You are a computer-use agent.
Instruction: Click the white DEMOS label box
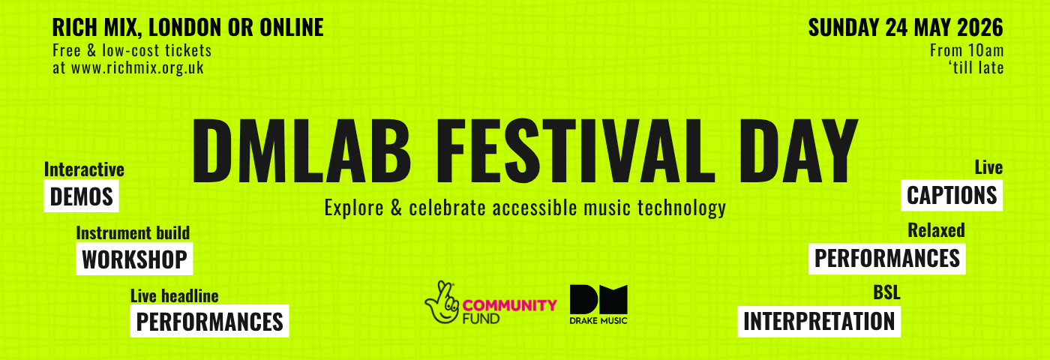(81, 196)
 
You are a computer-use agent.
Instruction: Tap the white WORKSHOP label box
(134, 259)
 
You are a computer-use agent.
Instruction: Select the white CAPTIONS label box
(952, 195)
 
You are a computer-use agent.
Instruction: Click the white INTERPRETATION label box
(819, 322)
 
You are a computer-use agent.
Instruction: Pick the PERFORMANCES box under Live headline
(209, 321)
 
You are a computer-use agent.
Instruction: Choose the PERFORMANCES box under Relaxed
(886, 258)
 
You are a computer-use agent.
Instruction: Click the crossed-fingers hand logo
(442, 302)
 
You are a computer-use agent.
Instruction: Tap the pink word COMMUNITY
(509, 306)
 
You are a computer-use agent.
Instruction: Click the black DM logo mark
(598, 299)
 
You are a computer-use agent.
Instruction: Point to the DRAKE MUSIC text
(598, 321)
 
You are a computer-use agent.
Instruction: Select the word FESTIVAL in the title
(576, 151)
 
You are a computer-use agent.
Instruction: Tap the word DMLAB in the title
(301, 151)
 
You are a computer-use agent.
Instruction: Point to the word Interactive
(84, 169)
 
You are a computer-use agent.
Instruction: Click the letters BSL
(886, 292)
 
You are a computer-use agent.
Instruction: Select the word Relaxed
(936, 230)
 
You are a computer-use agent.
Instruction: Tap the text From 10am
(967, 50)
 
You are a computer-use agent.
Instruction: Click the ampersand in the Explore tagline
(397, 208)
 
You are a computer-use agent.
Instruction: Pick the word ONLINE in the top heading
(292, 27)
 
